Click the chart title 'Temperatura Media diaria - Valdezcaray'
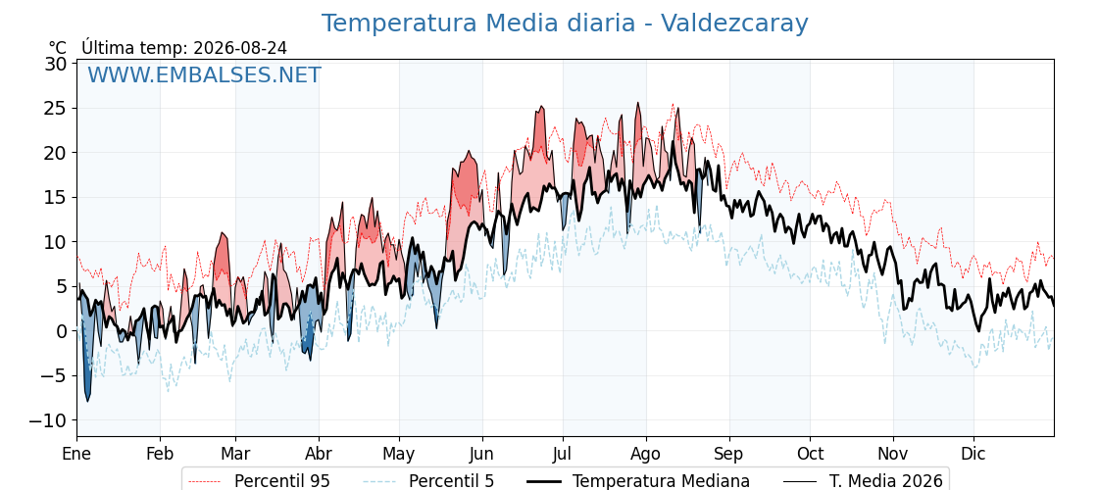pos(565,24)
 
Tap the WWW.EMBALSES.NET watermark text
pos(205,74)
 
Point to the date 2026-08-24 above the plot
pos(240,48)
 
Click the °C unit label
pos(58,48)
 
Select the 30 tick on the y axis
pos(56,64)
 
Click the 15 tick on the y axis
pos(56,197)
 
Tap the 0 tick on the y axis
pos(62,331)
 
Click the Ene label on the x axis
pos(76,454)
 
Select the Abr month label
pos(319,454)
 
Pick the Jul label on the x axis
pos(563,454)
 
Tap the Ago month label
pos(646,454)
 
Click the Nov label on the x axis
pos(893,454)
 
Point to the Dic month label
pos(973,454)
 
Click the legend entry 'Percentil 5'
pos(428,481)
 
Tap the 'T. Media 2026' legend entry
pos(863,481)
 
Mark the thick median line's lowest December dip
pos(979,330)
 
